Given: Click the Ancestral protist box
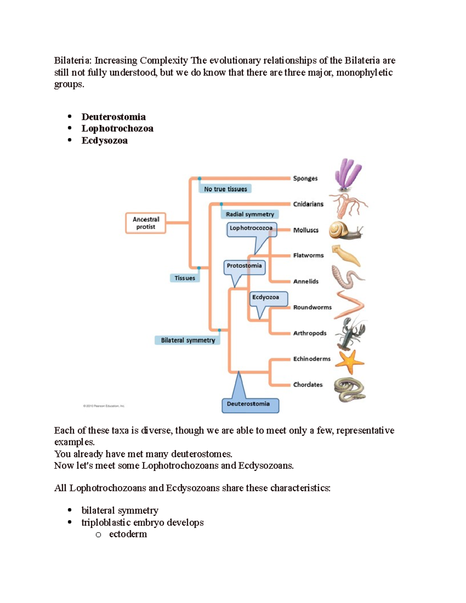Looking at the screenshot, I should pyautogui.click(x=146, y=223).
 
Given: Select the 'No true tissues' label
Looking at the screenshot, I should pyautogui.click(x=225, y=189).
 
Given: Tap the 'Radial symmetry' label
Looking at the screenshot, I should pyautogui.click(x=250, y=214).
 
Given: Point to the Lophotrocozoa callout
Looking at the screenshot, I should pyautogui.click(x=251, y=228).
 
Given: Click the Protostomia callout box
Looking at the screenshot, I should pyautogui.click(x=244, y=266).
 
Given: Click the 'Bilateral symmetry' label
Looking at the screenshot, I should pyautogui.click(x=188, y=340).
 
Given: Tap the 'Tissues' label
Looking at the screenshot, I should pyautogui.click(x=184, y=278).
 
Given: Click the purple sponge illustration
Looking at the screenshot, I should pyautogui.click(x=348, y=174).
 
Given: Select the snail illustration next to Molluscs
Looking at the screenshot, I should pyautogui.click(x=345, y=230).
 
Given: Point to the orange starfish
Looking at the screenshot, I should pyautogui.click(x=349, y=361).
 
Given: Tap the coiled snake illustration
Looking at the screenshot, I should pyautogui.click(x=349, y=390).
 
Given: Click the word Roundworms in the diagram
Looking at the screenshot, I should pyautogui.click(x=312, y=307).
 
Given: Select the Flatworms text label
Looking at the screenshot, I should pyautogui.click(x=308, y=255).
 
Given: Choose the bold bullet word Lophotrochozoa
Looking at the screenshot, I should pyautogui.click(x=117, y=129).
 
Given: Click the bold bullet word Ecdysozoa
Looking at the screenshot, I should pyautogui.click(x=104, y=141).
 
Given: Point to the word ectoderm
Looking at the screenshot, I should pyautogui.click(x=128, y=534).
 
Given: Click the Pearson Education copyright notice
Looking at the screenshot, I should pyautogui.click(x=104, y=406).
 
